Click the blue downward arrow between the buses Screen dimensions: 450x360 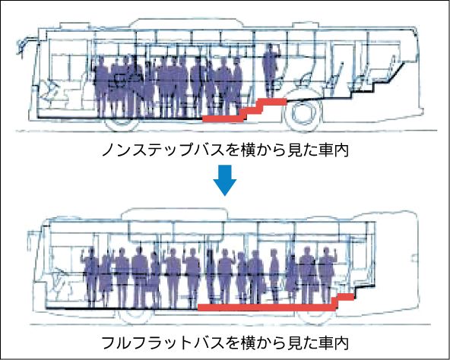tap(225, 181)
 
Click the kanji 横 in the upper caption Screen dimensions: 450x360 tap(247, 150)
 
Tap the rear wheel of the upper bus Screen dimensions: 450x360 tap(303, 112)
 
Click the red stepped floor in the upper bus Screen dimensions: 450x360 tap(245, 110)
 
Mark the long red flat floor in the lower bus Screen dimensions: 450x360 tap(267, 308)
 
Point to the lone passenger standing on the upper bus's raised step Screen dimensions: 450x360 tap(271, 71)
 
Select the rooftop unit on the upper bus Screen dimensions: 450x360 tap(188, 23)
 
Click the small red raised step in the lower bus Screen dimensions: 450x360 tap(344, 298)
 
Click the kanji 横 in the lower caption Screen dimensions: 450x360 tap(247, 343)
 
